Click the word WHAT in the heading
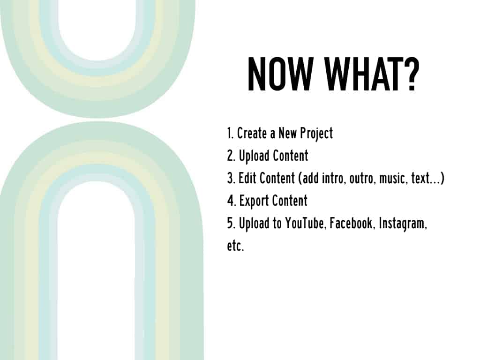coord(365,75)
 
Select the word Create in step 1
coord(252,133)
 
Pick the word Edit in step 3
coord(247,178)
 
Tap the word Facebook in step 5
coord(351,223)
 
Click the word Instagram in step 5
coord(402,224)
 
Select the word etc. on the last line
coord(235,246)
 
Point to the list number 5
coord(231,224)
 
